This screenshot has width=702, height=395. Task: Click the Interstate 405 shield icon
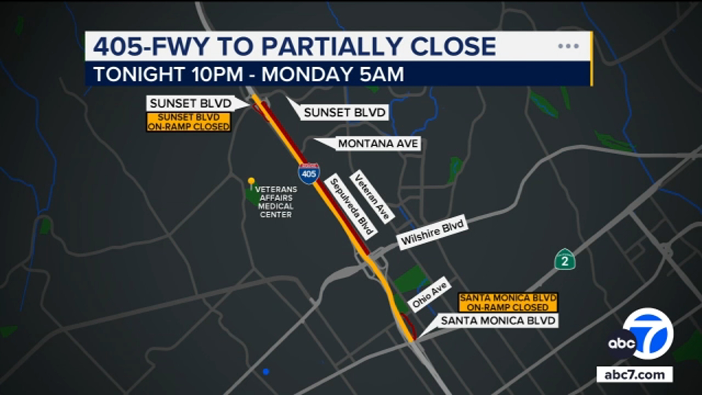coord(309,173)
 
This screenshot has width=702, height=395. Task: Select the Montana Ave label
coord(378,143)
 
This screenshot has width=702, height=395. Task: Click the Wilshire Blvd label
coord(433,233)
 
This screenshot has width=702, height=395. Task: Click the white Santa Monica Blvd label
coord(498,321)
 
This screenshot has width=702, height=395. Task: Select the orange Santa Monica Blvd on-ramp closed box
coord(508,302)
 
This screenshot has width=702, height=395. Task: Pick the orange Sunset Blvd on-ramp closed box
coord(189,122)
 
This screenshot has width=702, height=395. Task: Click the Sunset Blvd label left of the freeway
coord(190,104)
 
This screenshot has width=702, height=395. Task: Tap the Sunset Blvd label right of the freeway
coord(345,112)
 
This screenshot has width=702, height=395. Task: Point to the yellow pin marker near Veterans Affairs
coord(251,181)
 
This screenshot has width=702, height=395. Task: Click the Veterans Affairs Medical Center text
coord(276,202)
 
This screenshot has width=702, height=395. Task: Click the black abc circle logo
coord(622,343)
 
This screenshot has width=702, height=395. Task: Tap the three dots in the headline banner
coord(568,46)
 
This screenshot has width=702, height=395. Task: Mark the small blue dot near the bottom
coord(266,372)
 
